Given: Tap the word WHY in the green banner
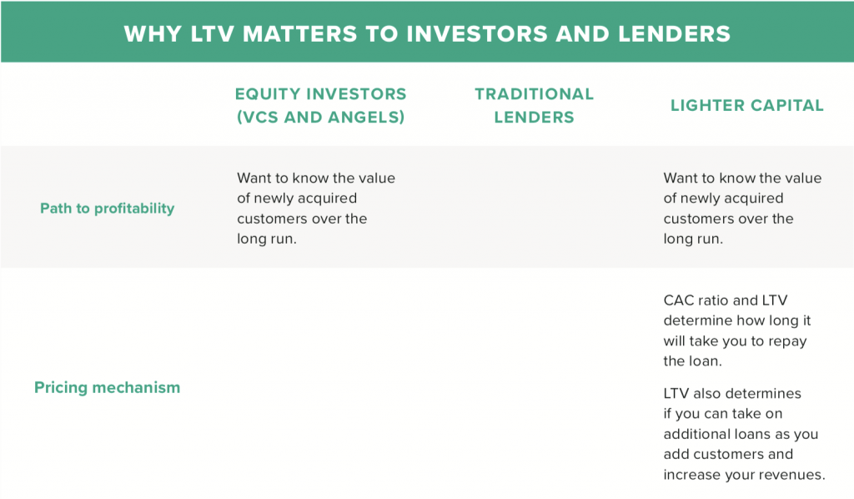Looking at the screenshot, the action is (x=153, y=33).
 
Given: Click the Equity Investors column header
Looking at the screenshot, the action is (x=321, y=105).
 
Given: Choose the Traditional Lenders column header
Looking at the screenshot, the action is (x=535, y=105).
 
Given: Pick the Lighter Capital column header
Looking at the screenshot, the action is (x=747, y=105).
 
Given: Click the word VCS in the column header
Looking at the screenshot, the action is (x=260, y=117).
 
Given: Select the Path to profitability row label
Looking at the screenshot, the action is (x=108, y=209).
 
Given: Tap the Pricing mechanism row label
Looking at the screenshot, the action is (x=108, y=387).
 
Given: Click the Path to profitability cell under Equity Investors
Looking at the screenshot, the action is (x=316, y=208).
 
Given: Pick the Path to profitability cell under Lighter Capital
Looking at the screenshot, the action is (x=742, y=208).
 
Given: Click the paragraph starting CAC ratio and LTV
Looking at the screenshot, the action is (x=737, y=330).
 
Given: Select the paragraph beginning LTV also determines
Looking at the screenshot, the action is (x=745, y=434).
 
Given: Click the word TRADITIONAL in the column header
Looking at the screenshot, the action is (x=535, y=93).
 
